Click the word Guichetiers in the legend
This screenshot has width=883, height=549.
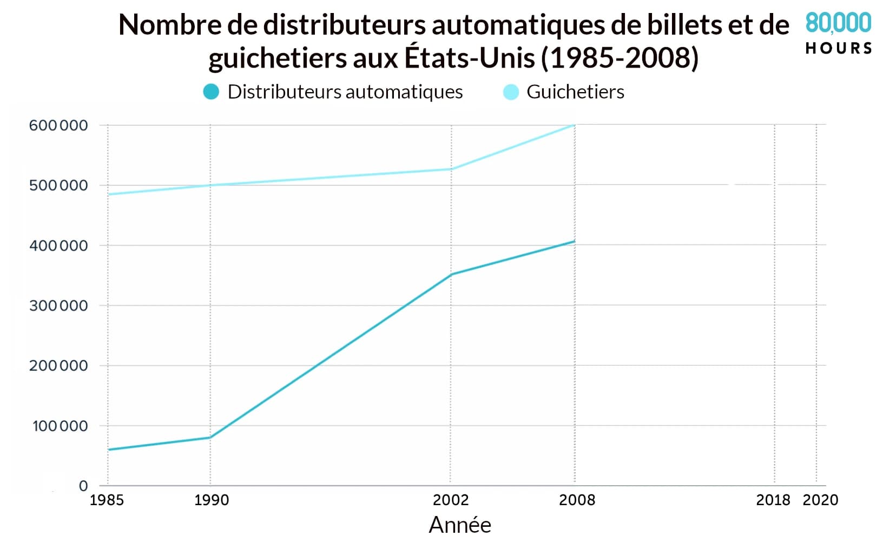575,92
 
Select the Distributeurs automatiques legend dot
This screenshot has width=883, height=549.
211,92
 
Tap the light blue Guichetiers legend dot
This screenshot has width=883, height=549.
511,92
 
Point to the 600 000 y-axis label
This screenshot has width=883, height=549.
58,126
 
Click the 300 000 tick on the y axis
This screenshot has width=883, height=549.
58,306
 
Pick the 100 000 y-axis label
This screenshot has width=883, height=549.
60,426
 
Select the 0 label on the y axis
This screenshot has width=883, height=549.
83,486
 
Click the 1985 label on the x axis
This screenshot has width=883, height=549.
107,500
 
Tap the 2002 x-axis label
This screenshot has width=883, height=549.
451,500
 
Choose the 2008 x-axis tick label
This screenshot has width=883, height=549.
577,500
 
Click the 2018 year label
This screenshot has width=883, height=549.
773,500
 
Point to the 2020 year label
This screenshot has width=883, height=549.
820,500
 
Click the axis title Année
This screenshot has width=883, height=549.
460,525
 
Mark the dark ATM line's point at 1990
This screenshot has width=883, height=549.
210,437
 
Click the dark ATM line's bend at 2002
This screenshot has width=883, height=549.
451,274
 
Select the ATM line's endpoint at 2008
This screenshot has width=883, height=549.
575,241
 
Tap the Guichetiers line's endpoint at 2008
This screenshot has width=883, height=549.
575,125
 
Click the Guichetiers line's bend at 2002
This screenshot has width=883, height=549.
451,169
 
